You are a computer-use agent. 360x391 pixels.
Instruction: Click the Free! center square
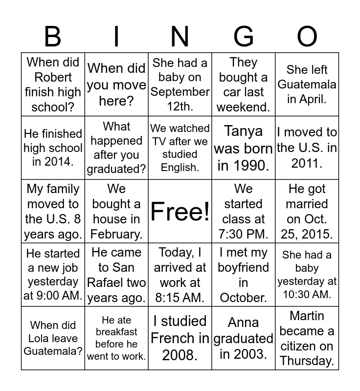click(x=180, y=211)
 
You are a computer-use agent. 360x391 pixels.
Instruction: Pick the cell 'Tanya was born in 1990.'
click(x=244, y=148)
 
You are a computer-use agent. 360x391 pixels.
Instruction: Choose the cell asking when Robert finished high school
click(x=53, y=84)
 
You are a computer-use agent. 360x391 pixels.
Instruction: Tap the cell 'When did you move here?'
click(x=116, y=84)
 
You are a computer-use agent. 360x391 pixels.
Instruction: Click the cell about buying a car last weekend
click(x=244, y=84)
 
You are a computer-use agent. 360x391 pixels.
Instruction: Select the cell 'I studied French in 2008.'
click(x=180, y=338)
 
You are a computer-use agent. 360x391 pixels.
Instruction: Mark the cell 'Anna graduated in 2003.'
click(x=244, y=338)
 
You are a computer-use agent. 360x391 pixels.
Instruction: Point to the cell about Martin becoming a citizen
click(x=307, y=338)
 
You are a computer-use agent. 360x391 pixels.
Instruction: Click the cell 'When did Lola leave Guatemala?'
click(x=53, y=338)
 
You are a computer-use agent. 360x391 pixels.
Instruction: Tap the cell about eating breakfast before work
click(x=116, y=338)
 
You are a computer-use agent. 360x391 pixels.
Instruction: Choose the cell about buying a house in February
click(x=116, y=211)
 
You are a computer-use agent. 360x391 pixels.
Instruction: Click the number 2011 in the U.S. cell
click(x=307, y=163)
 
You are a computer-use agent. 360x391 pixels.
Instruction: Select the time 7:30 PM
click(x=244, y=234)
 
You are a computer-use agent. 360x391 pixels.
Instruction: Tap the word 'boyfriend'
click(x=244, y=267)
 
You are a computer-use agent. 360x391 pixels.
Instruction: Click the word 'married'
click(x=307, y=204)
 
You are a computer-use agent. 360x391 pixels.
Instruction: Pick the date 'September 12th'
click(x=180, y=98)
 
